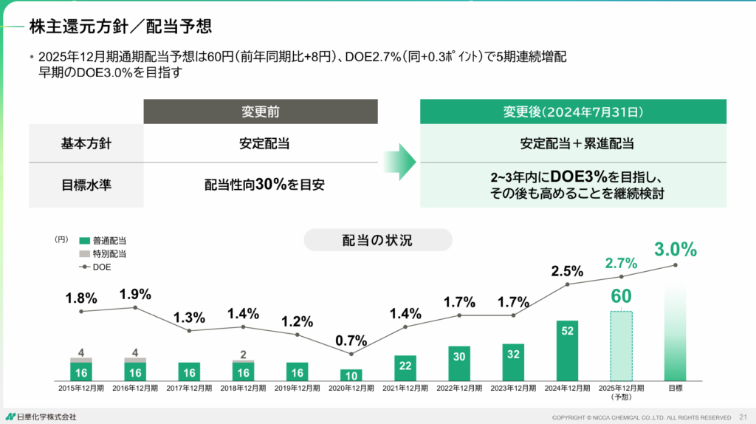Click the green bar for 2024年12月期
click(567, 350)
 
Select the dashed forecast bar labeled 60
click(620, 345)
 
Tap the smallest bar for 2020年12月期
click(351, 375)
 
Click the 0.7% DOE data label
click(351, 341)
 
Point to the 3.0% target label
click(675, 250)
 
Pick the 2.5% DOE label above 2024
click(567, 271)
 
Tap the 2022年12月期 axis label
click(459, 388)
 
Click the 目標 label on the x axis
click(675, 388)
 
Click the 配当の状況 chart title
click(377, 240)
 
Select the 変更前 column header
click(260, 112)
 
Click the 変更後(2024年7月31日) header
click(573, 112)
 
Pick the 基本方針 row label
click(86, 143)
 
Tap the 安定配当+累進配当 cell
click(573, 143)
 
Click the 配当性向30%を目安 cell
click(260, 185)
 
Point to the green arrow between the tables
click(399, 162)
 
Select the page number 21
click(743, 417)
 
